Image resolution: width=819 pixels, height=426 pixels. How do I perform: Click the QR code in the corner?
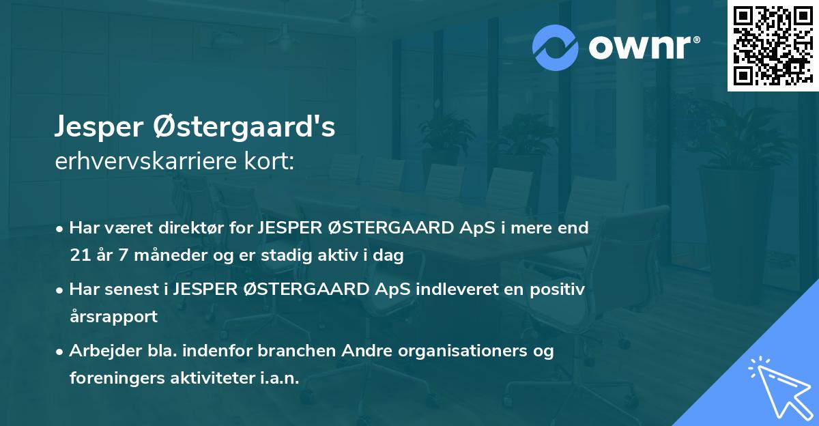coord(772,45)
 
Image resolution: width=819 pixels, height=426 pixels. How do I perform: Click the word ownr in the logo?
coord(642,48)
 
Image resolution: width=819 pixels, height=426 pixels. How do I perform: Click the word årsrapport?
coord(113,317)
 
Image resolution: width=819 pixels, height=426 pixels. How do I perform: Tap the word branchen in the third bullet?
coord(289,351)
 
